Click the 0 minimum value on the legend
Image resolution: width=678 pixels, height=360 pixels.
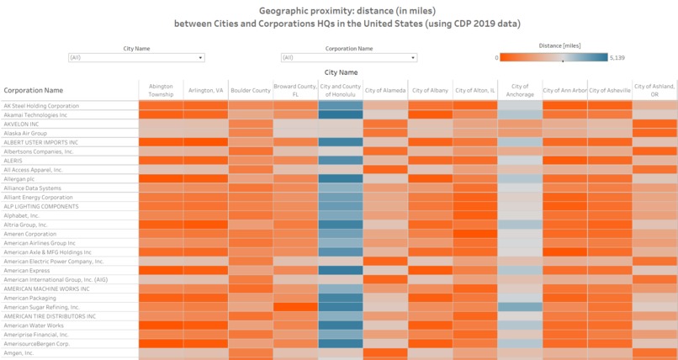(x=497, y=58)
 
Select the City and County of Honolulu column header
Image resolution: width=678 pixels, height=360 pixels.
(x=341, y=90)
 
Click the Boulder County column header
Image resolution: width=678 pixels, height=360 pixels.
(x=251, y=90)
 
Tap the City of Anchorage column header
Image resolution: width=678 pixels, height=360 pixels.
(x=520, y=90)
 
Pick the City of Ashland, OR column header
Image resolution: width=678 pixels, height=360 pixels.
(x=654, y=90)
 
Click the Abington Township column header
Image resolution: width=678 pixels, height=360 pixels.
(x=161, y=90)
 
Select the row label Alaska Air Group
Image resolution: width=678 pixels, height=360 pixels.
(x=25, y=133)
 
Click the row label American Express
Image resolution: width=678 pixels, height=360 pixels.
(x=26, y=270)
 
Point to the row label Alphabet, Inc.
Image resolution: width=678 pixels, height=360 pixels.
(x=22, y=215)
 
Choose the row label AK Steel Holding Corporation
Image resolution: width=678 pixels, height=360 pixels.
(x=41, y=106)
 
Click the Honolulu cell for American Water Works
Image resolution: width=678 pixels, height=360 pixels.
(x=341, y=325)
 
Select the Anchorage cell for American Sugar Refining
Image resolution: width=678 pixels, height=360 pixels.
(x=520, y=307)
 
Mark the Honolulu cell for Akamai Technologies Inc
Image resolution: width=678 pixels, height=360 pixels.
(x=341, y=115)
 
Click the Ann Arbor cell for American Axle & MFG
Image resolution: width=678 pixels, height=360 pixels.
(x=564, y=251)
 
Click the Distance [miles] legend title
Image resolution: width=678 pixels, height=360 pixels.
(x=559, y=45)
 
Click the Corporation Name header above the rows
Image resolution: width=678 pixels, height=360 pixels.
(x=34, y=90)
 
